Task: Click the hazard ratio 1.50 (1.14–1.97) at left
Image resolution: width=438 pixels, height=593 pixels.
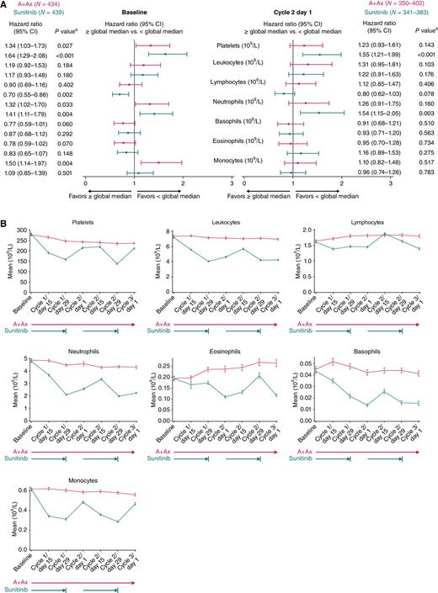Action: (21, 162)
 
